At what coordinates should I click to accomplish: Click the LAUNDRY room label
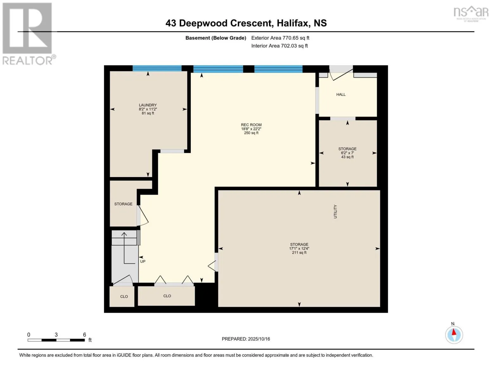coord(148,105)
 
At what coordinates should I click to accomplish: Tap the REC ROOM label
coord(251,125)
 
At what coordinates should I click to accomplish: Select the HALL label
coord(341,94)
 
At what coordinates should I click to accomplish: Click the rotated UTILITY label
coord(335,212)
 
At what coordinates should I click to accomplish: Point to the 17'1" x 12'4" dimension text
coord(299,249)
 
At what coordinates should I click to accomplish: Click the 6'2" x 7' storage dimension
coord(347,153)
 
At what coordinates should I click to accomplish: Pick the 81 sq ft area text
coord(148,113)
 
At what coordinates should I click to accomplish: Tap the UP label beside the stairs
coord(143,262)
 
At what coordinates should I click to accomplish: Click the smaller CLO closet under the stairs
coord(124,297)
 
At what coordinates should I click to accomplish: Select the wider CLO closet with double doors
coord(167,296)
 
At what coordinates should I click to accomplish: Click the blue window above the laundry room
coord(157,68)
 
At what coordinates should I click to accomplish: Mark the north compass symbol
coord(454,334)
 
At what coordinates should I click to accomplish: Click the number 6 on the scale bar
coord(85,335)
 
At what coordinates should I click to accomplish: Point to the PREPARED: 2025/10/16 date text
coord(246,339)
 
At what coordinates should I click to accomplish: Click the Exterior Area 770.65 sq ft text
coord(280,38)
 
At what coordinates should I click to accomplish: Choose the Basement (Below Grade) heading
coord(216,38)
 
